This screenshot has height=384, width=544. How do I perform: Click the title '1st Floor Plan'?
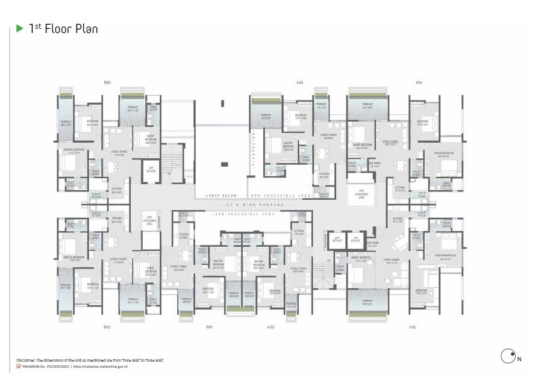[63, 29]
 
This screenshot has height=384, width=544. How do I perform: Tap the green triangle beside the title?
[20, 28]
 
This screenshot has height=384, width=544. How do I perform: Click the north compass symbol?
[507, 356]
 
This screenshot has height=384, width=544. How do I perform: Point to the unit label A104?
[299, 82]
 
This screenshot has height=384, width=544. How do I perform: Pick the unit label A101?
[418, 82]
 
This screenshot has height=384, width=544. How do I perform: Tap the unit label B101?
[209, 328]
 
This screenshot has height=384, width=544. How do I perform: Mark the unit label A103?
[271, 328]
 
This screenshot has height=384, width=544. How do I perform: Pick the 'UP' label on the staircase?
[329, 260]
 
